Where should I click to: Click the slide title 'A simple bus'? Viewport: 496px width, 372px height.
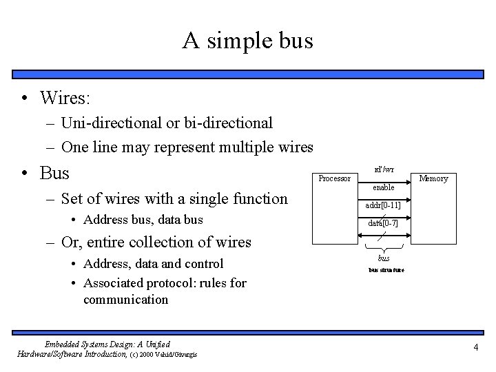click(247, 41)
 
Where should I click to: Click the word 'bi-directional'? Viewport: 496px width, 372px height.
click(229, 123)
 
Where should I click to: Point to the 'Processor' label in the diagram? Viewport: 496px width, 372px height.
click(334, 178)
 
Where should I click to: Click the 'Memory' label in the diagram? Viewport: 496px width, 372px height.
click(434, 178)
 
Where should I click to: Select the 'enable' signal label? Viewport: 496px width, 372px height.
click(384, 187)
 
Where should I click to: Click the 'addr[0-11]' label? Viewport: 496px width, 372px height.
click(384, 205)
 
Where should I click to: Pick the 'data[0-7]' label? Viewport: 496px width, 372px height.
click(383, 224)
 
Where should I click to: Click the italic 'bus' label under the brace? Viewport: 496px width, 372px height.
click(384, 258)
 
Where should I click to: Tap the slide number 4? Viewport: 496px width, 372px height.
click(475, 347)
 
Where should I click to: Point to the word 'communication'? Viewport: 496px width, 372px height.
click(125, 300)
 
